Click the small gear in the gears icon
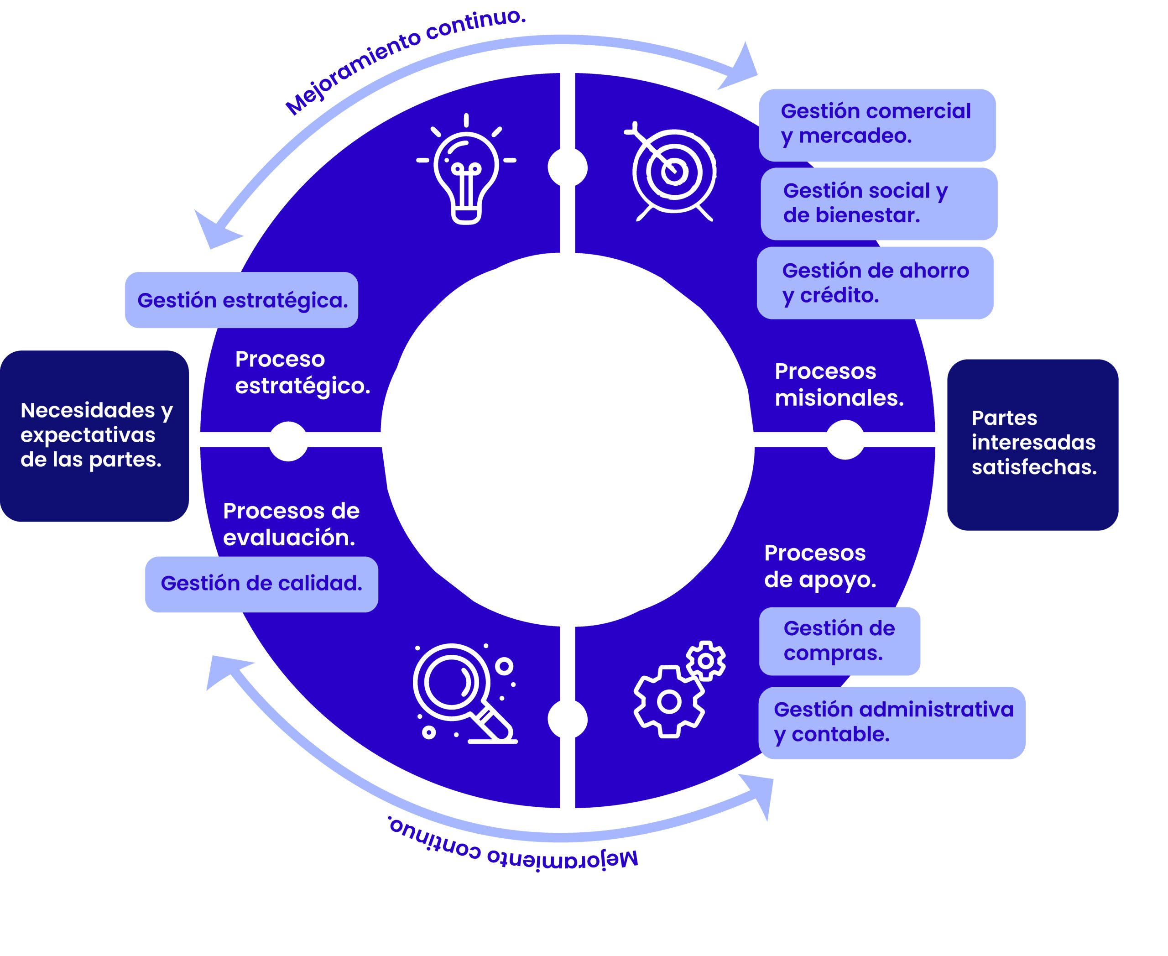705,660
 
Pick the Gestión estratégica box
242,300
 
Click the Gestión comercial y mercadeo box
877,125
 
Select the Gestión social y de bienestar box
878,203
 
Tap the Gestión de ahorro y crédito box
875,283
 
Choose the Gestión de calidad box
261,584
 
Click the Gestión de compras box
839,641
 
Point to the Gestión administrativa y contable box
892,722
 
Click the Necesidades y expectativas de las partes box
94,436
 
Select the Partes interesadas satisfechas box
1032,444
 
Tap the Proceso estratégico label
302,373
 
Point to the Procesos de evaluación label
290,524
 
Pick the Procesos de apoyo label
819,566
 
